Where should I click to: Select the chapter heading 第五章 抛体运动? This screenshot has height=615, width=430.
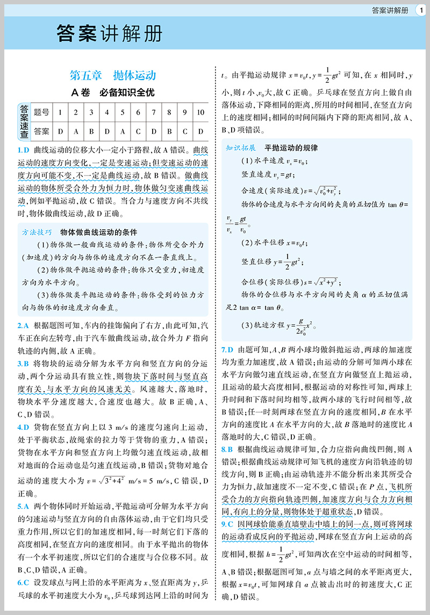(113, 75)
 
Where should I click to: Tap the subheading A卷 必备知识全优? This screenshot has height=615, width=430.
(113, 93)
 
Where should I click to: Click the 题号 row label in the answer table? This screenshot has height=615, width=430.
(41, 112)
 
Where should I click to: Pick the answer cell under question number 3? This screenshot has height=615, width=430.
(91, 131)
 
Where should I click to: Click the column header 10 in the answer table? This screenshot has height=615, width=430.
(200, 112)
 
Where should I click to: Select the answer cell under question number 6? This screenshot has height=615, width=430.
(138, 131)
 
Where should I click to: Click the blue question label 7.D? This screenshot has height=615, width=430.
(227, 349)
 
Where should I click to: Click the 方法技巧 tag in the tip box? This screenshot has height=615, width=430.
(37, 232)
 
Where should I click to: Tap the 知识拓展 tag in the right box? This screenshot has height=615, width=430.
(241, 147)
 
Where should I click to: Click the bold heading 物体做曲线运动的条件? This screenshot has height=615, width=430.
(99, 232)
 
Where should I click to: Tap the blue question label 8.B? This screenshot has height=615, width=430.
(227, 448)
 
